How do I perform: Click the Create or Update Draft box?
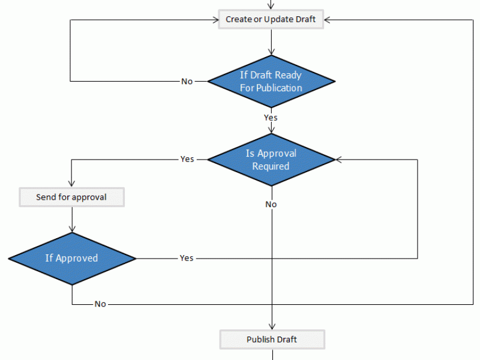(271, 19)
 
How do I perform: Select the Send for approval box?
(71, 197)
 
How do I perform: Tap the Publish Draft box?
(272, 340)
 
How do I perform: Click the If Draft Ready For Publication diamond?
(271, 82)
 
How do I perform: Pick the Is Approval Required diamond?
(271, 160)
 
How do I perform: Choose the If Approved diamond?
(72, 259)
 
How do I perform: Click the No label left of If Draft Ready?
(187, 82)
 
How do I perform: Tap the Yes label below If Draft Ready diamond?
(271, 118)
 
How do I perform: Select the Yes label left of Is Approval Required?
(187, 159)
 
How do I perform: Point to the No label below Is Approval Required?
(271, 204)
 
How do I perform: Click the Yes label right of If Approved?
(187, 258)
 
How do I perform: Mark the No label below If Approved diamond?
(100, 304)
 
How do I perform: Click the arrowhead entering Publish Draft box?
(272, 326)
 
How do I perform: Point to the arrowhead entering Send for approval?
(71, 184)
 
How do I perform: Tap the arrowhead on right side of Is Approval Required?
(338, 160)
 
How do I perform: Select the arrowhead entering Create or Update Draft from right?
(327, 20)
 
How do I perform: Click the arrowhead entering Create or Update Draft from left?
(215, 20)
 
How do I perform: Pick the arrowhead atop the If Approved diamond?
(72, 229)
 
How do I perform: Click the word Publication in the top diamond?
(279, 88)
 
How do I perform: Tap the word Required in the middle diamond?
(271, 166)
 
